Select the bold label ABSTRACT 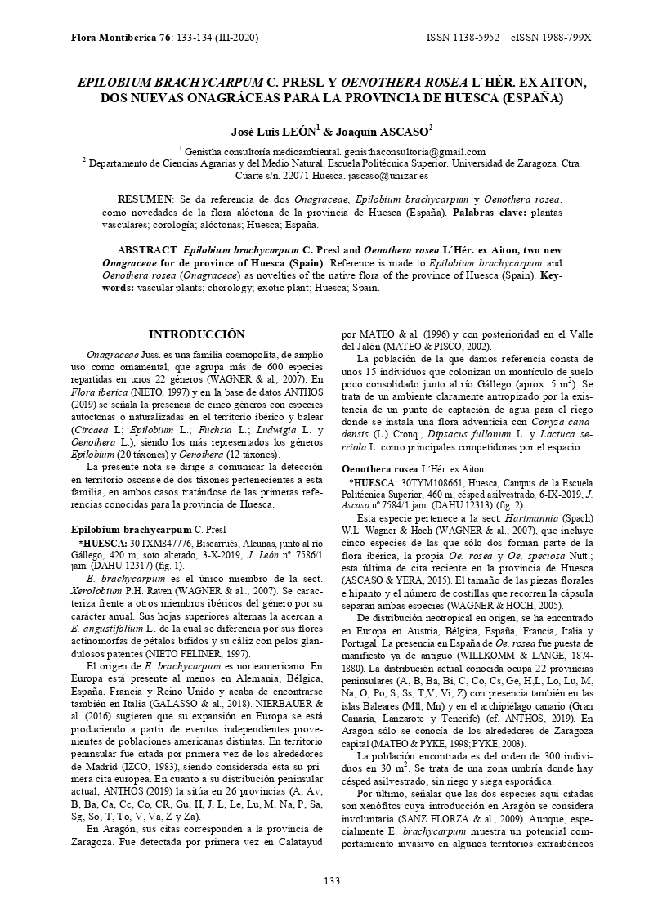click(x=147, y=249)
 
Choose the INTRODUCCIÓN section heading click(x=196, y=334)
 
